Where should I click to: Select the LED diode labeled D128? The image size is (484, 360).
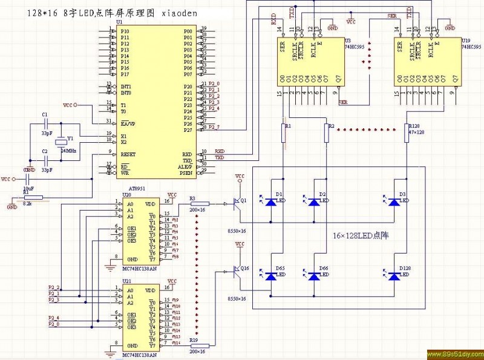tap(394, 276)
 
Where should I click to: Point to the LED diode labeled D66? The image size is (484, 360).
tap(313, 276)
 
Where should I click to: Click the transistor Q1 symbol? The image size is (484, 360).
tap(238, 204)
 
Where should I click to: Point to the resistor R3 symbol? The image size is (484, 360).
tap(200, 204)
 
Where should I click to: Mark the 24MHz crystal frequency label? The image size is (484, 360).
tap(68, 150)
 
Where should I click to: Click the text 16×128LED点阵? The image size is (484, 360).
tap(360, 235)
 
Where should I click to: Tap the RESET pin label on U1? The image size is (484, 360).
tap(128, 154)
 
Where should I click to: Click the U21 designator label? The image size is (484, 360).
tap(126, 281)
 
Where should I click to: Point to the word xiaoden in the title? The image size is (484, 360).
tap(179, 13)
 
